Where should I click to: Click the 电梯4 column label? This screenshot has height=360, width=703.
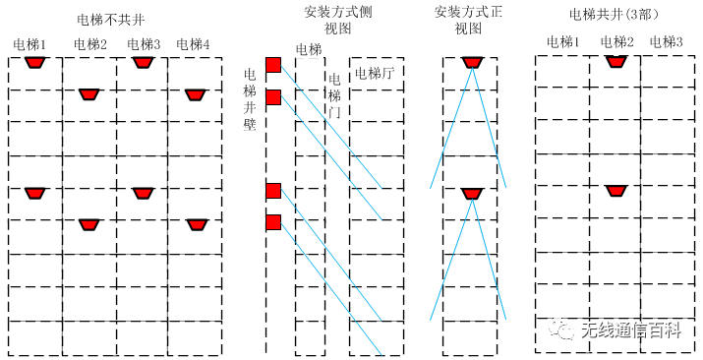[x=194, y=44]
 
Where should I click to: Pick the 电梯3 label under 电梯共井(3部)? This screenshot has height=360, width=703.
[x=666, y=42]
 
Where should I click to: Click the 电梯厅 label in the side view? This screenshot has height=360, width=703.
[x=374, y=73]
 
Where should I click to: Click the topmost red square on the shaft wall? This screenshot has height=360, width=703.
[x=273, y=65]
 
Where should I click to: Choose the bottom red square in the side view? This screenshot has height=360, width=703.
[x=273, y=222]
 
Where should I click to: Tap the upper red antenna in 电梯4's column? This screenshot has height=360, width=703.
[x=195, y=94]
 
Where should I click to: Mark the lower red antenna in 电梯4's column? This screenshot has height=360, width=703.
[x=195, y=224]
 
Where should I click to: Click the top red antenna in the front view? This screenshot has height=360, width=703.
[x=472, y=62]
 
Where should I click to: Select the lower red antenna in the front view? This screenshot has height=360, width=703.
[x=472, y=194]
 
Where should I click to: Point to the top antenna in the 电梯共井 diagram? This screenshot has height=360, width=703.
[x=616, y=61]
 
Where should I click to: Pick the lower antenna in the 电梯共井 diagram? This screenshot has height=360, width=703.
[x=615, y=189]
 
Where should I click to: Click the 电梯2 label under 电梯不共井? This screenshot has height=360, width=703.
[x=89, y=44]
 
